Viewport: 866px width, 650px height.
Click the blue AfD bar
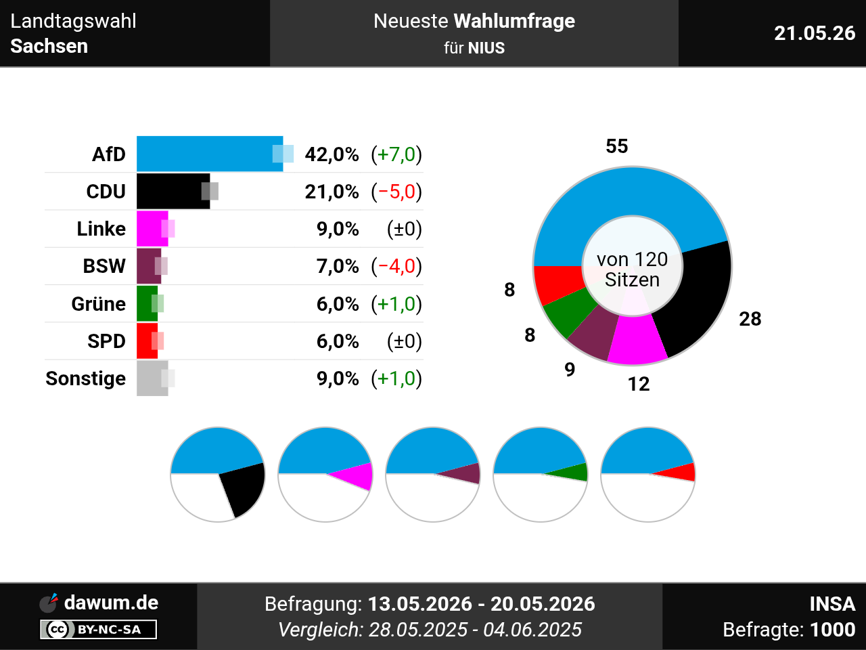click(210, 154)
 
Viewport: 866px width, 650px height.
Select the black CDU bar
click(173, 191)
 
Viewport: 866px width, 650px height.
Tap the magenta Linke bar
click(152, 228)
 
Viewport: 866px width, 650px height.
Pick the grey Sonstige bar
click(152, 378)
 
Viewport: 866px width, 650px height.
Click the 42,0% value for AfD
click(332, 154)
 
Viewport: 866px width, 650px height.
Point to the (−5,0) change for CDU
click(396, 192)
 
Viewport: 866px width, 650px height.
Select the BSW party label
click(104, 266)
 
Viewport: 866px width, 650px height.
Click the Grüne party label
click(99, 304)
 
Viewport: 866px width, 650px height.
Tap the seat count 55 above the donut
click(617, 146)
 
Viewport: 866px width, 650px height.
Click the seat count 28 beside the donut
click(750, 319)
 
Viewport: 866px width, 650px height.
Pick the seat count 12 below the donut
click(639, 384)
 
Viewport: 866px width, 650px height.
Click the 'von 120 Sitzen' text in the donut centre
click(632, 269)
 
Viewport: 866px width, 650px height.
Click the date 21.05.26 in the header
click(815, 33)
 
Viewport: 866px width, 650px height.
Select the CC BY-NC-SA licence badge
click(98, 629)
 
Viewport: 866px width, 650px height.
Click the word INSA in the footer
click(832, 604)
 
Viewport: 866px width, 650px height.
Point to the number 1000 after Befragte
click(832, 630)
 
